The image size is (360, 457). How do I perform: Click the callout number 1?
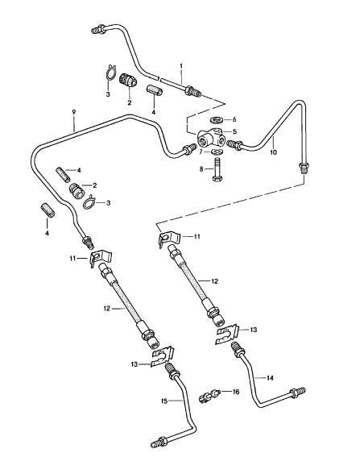coord(181,66)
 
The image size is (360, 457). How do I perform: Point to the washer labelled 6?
coord(217,119)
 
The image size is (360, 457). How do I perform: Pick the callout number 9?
coord(74,112)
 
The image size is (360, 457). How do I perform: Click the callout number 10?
coord(273,152)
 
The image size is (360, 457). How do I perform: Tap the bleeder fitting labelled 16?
coord(209,396)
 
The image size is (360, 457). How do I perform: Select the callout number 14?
coord(270,378)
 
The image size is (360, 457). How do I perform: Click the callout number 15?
coord(164,401)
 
